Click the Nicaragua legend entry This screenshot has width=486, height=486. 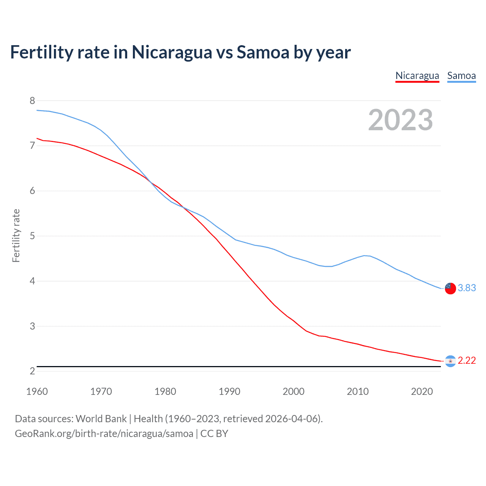(x=417, y=76)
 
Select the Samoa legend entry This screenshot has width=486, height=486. (x=461, y=76)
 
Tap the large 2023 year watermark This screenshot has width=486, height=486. (x=400, y=120)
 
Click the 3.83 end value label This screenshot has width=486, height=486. (x=467, y=288)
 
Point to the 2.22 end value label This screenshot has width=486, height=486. (x=467, y=360)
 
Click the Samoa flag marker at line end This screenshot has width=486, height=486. (x=450, y=288)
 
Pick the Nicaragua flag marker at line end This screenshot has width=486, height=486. (x=450, y=361)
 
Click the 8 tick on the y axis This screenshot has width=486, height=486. (x=32, y=101)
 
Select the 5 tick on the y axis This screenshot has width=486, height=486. (x=32, y=236)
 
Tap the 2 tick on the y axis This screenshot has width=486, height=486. (x=32, y=371)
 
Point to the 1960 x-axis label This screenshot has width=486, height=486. (x=37, y=391)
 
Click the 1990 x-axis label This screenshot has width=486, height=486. (x=229, y=391)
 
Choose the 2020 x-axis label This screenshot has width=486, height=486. (x=422, y=391)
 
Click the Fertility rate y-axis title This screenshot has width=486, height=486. (x=16, y=235)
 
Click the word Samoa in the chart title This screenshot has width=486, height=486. (x=263, y=52)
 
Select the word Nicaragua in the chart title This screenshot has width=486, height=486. (x=172, y=52)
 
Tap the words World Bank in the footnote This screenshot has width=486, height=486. (x=101, y=418)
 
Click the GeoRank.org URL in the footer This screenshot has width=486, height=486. (x=104, y=433)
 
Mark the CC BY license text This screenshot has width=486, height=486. (x=214, y=433)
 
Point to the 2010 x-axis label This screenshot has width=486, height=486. (x=358, y=391)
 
